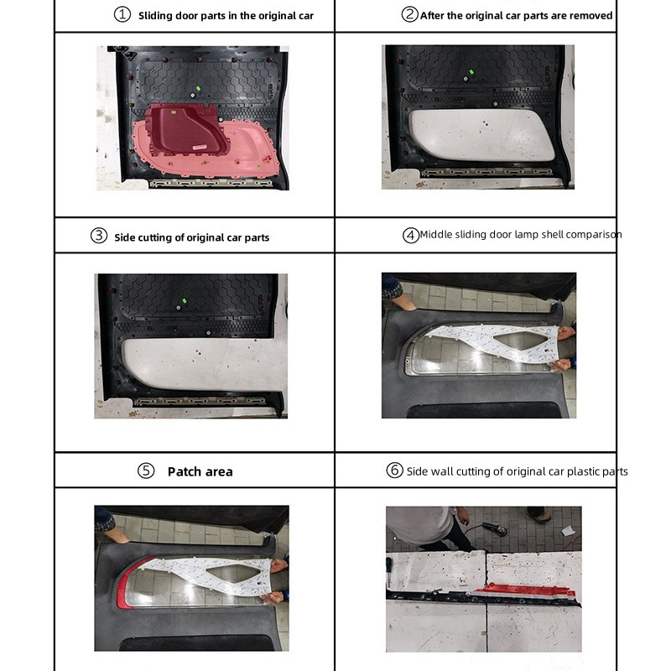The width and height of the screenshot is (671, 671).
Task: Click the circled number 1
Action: pyautogui.click(x=122, y=15)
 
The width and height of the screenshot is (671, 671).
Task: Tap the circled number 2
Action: pyautogui.click(x=410, y=14)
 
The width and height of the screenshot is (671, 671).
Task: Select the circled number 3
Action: pyautogui.click(x=99, y=236)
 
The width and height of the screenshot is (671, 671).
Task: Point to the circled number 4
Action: pyautogui.click(x=411, y=235)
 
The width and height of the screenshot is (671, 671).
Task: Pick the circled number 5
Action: pyautogui.click(x=146, y=471)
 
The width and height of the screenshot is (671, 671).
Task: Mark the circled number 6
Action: pyautogui.click(x=395, y=471)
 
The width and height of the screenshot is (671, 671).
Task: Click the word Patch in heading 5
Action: pyautogui.click(x=184, y=471)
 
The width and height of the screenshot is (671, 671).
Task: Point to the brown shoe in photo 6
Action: pyautogui.click(x=538, y=516)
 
